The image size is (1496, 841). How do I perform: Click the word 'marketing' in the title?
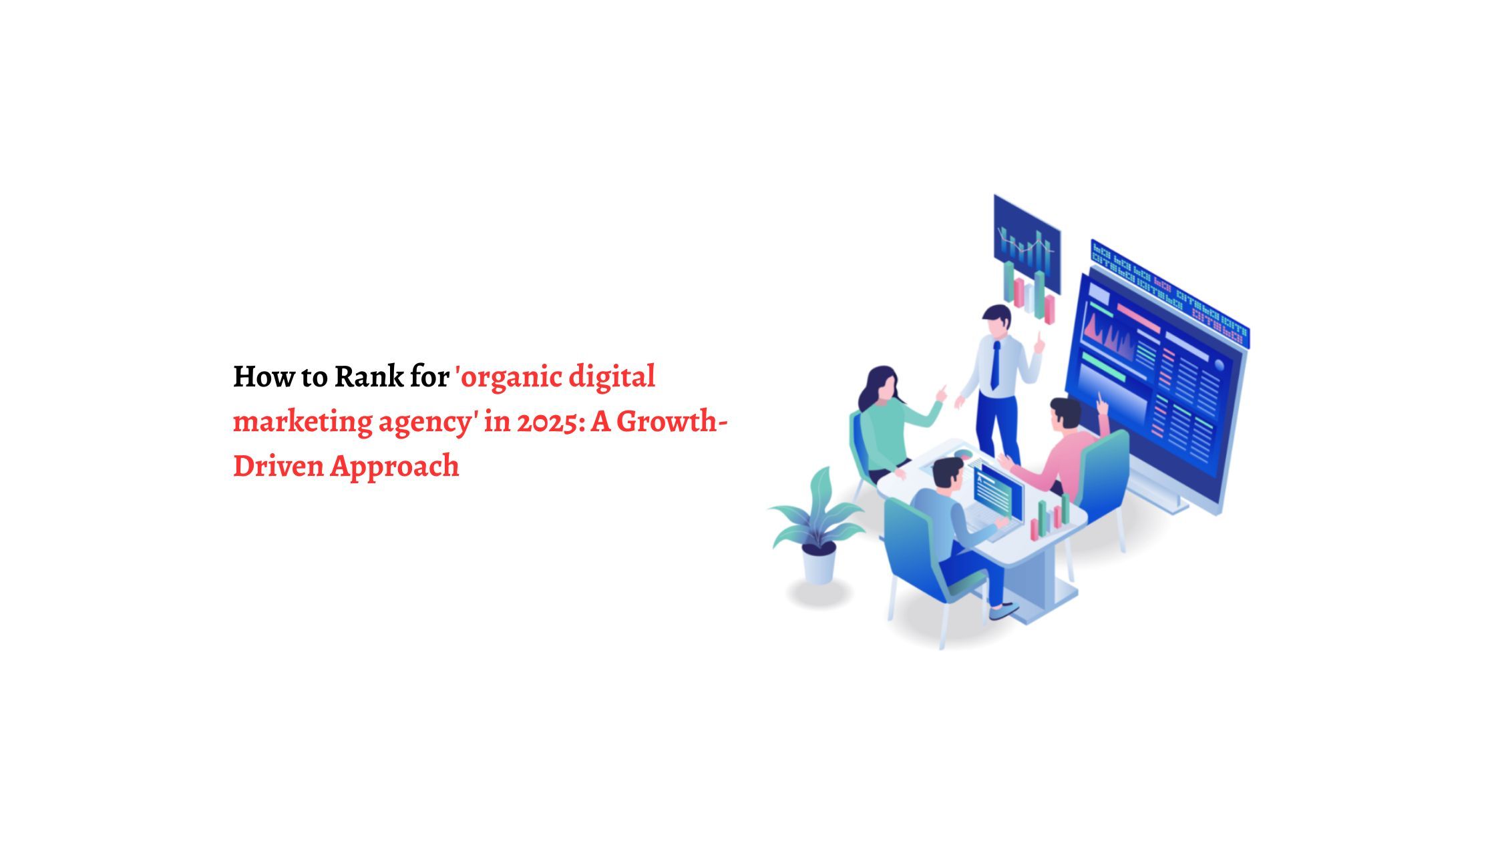click(x=302, y=422)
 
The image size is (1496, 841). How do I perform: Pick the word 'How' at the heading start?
click(x=254, y=377)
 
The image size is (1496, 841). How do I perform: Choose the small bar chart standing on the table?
click(x=1050, y=518)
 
